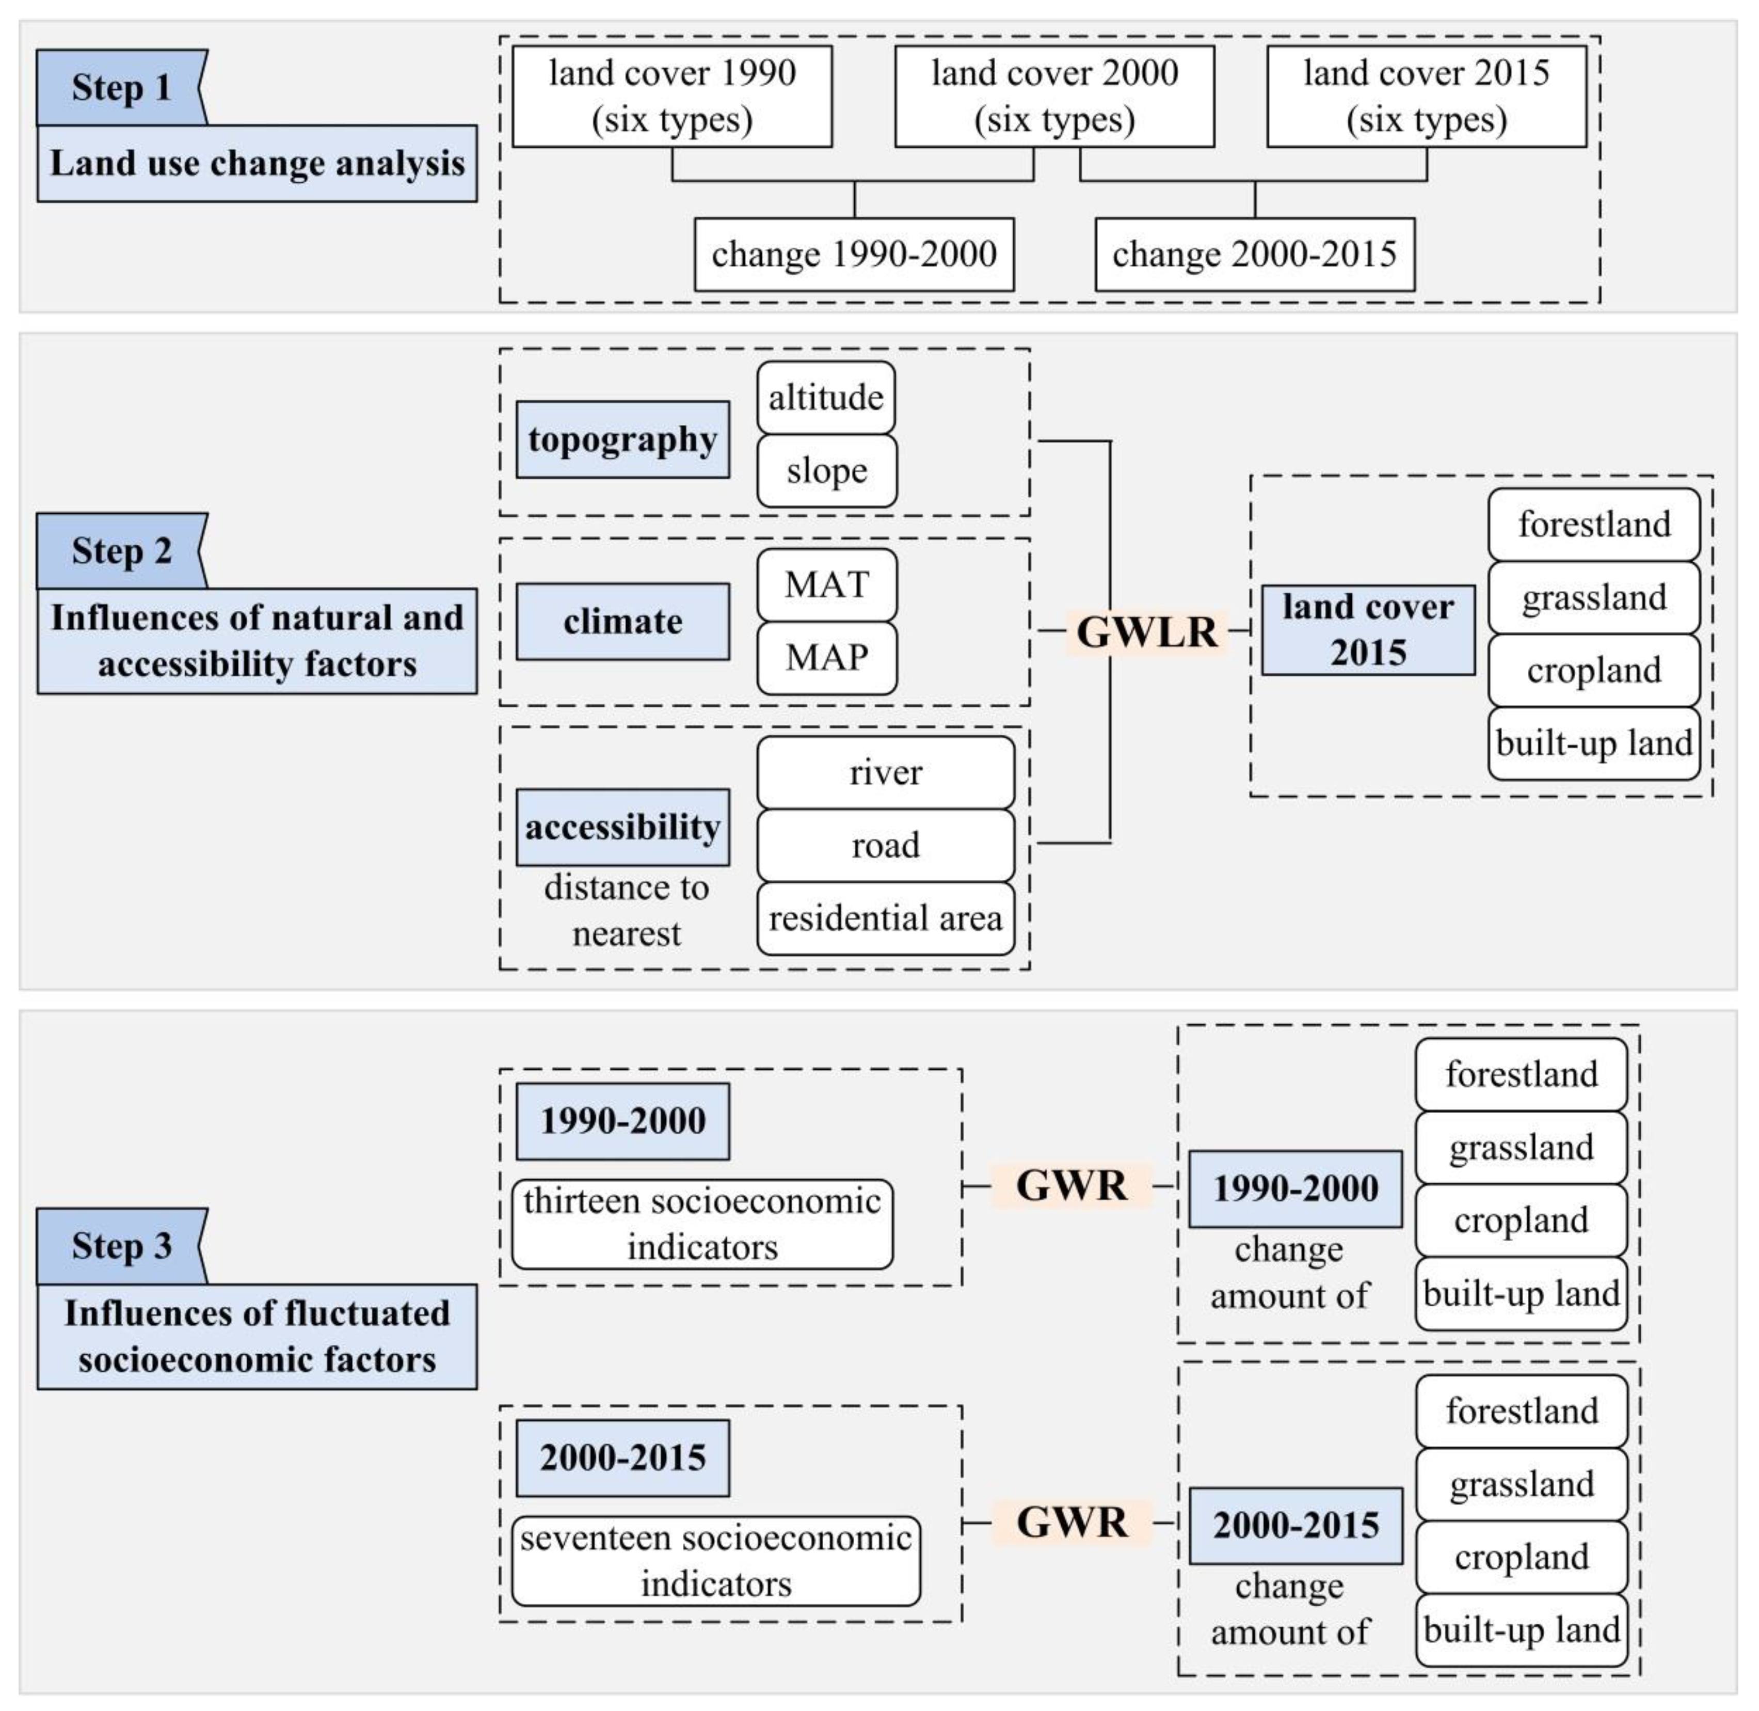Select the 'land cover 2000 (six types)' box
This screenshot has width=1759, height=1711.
tap(1054, 96)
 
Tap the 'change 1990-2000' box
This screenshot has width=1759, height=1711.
tap(854, 255)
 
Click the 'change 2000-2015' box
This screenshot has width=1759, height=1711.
tap(1254, 255)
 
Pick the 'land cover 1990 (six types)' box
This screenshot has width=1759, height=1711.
tap(672, 96)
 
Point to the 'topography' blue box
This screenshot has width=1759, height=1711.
tap(622, 439)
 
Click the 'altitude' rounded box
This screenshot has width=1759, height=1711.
tap(826, 397)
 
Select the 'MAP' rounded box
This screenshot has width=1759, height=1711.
tap(826, 658)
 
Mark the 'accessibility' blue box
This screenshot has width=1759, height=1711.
tap(622, 827)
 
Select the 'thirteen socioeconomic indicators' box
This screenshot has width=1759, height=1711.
tap(701, 1224)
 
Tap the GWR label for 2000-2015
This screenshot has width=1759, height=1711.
tap(1071, 1522)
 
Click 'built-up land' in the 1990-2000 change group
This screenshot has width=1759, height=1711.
tap(1521, 1293)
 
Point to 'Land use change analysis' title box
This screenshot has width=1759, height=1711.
tap(257, 164)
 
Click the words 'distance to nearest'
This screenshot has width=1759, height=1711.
tap(626, 910)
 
